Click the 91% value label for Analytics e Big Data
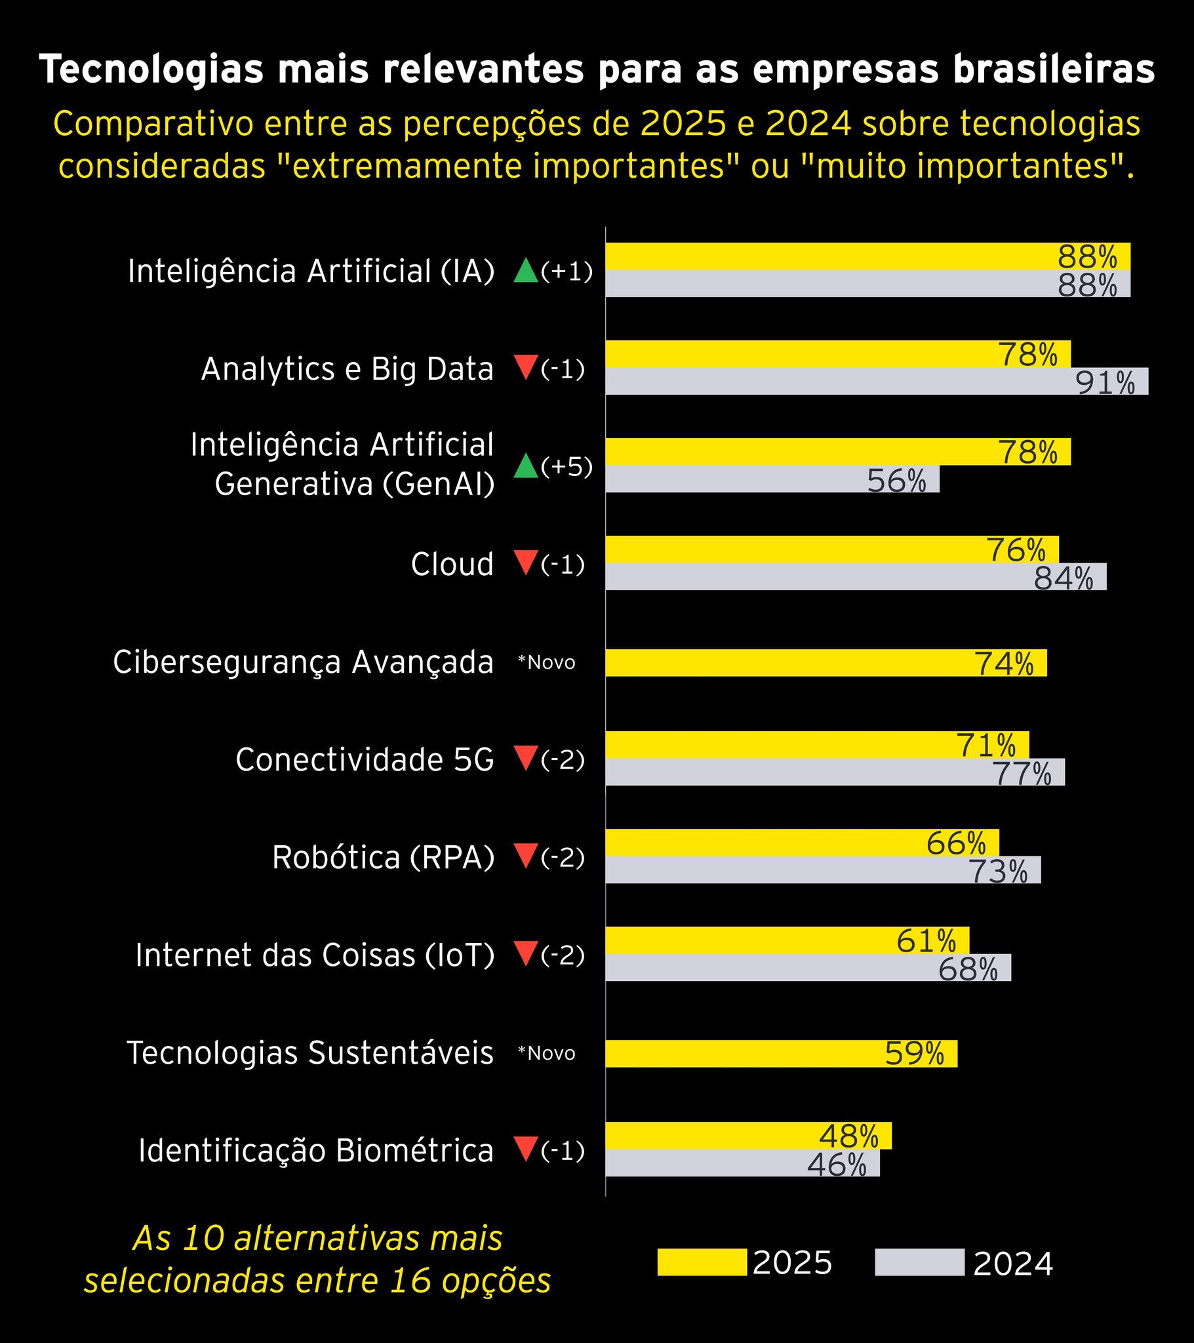(1105, 382)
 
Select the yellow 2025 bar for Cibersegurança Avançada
(789, 662)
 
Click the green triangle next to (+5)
(526, 466)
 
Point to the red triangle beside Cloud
(526, 563)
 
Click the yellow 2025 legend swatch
(701, 1262)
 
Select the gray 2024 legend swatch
(919, 1262)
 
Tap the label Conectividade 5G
(364, 759)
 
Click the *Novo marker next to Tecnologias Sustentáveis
(546, 1053)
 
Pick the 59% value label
(914, 1053)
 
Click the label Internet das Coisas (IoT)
(315, 955)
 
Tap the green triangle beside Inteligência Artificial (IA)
(526, 271)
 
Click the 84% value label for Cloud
(1064, 578)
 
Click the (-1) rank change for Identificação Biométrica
(563, 1150)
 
